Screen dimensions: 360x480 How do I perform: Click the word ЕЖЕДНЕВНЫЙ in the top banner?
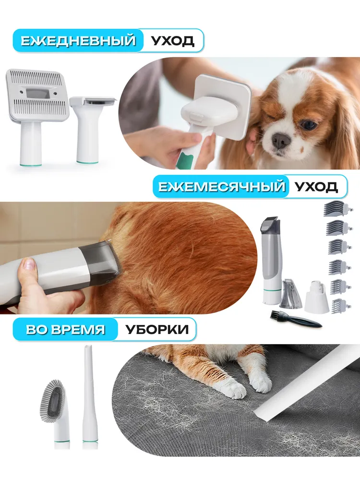click(78, 41)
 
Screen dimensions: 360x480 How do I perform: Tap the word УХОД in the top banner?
click(173, 41)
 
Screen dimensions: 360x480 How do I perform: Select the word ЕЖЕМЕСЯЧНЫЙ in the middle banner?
click(222, 186)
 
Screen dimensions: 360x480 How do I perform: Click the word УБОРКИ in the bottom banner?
click(157, 329)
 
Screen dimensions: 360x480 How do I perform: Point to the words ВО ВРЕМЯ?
click(65, 329)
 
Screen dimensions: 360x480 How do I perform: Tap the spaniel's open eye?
click(308, 124)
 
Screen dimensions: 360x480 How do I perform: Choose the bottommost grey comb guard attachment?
click(339, 305)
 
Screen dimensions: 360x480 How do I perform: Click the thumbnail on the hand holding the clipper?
click(28, 264)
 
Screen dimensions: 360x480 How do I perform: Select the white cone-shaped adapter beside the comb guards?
click(316, 296)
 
